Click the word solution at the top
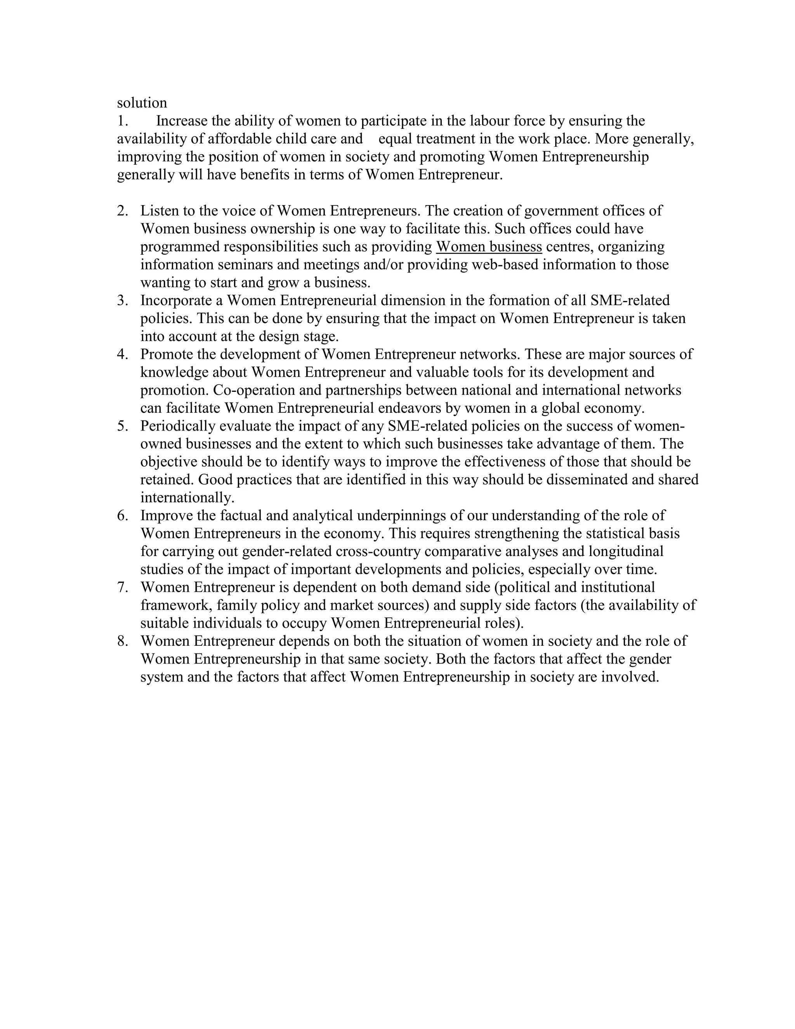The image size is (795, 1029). pos(142,103)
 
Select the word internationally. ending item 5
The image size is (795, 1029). pos(187,497)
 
